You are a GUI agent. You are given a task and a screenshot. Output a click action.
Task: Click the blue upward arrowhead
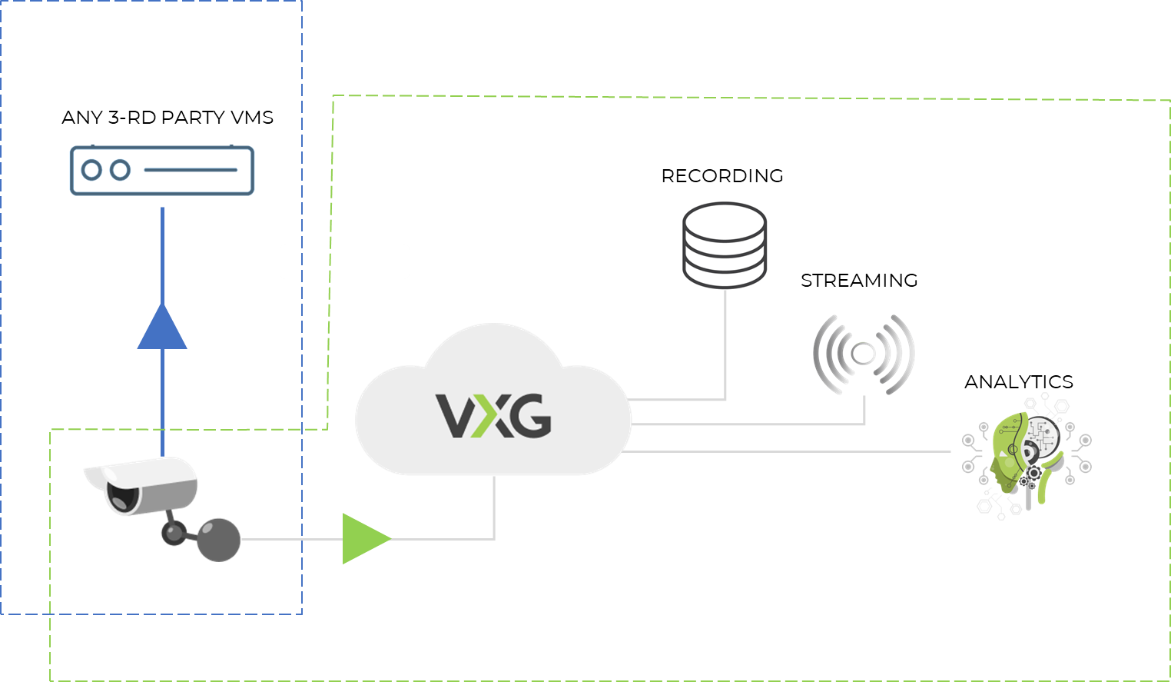point(162,330)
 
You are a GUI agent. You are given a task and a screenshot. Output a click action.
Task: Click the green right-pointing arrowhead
point(363,538)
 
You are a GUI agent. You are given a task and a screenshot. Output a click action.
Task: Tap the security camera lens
point(123,497)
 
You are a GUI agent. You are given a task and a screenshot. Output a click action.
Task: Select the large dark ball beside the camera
point(219,539)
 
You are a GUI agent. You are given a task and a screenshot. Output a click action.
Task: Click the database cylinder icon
point(724,243)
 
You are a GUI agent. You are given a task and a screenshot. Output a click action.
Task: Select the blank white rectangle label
point(344,261)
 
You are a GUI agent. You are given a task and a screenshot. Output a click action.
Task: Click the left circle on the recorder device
point(91,170)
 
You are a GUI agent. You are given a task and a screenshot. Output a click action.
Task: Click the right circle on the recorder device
point(119,170)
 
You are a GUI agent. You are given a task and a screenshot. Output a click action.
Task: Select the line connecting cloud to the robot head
point(791,451)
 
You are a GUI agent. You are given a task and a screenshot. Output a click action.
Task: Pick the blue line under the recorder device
point(162,254)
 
